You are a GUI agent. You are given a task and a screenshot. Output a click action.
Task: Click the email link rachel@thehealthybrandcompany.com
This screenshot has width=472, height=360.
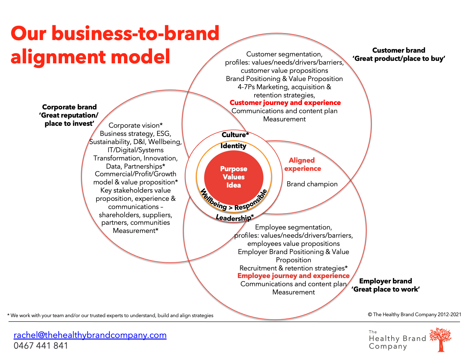click(90, 335)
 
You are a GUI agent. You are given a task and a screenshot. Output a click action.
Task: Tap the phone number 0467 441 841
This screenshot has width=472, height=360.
click(41, 346)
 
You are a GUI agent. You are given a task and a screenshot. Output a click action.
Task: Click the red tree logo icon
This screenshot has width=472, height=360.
click(441, 339)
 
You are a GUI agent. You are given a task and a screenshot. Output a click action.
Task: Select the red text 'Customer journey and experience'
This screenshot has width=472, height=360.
click(285, 103)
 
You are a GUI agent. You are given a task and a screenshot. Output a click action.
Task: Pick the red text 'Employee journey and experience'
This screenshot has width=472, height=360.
click(293, 276)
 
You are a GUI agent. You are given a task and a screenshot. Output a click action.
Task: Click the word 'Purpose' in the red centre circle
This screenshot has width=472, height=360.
click(233, 169)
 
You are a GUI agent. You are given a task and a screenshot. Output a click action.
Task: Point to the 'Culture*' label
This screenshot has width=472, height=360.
click(235, 135)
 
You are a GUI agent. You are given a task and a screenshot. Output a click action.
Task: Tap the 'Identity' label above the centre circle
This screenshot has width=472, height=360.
click(233, 146)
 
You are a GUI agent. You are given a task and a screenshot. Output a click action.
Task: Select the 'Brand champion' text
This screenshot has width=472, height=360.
click(312, 184)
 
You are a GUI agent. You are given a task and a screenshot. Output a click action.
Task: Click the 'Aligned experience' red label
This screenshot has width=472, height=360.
click(302, 165)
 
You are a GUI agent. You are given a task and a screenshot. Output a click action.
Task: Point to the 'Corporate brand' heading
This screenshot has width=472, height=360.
click(69, 107)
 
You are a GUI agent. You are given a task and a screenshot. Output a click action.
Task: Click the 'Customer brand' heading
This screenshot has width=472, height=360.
click(398, 50)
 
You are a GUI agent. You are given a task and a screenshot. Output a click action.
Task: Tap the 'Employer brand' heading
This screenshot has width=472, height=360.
click(386, 281)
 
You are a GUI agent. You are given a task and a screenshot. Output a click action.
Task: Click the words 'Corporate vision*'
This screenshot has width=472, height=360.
click(135, 125)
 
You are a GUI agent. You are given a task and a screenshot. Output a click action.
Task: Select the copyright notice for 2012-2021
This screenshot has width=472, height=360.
click(414, 315)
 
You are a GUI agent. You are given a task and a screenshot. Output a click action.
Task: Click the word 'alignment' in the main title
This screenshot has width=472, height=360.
click(58, 57)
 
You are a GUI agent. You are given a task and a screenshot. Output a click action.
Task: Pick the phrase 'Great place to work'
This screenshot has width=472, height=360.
click(386, 289)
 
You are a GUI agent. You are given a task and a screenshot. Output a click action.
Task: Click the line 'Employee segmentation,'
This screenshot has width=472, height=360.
click(293, 227)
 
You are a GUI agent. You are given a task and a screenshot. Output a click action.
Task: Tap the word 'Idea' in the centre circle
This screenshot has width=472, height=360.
click(233, 185)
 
